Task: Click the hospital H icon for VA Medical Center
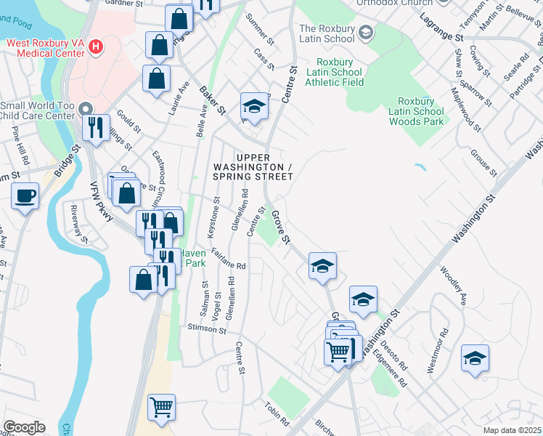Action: pos(95,49)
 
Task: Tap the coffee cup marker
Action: pos(25,196)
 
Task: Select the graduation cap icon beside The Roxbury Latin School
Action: pos(367,32)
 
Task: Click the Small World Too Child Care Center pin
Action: pos(85,108)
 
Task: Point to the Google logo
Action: pos(24,427)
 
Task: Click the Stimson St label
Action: pos(208,328)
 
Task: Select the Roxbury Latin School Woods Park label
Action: pos(421,111)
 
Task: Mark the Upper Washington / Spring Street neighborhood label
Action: pos(253,167)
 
